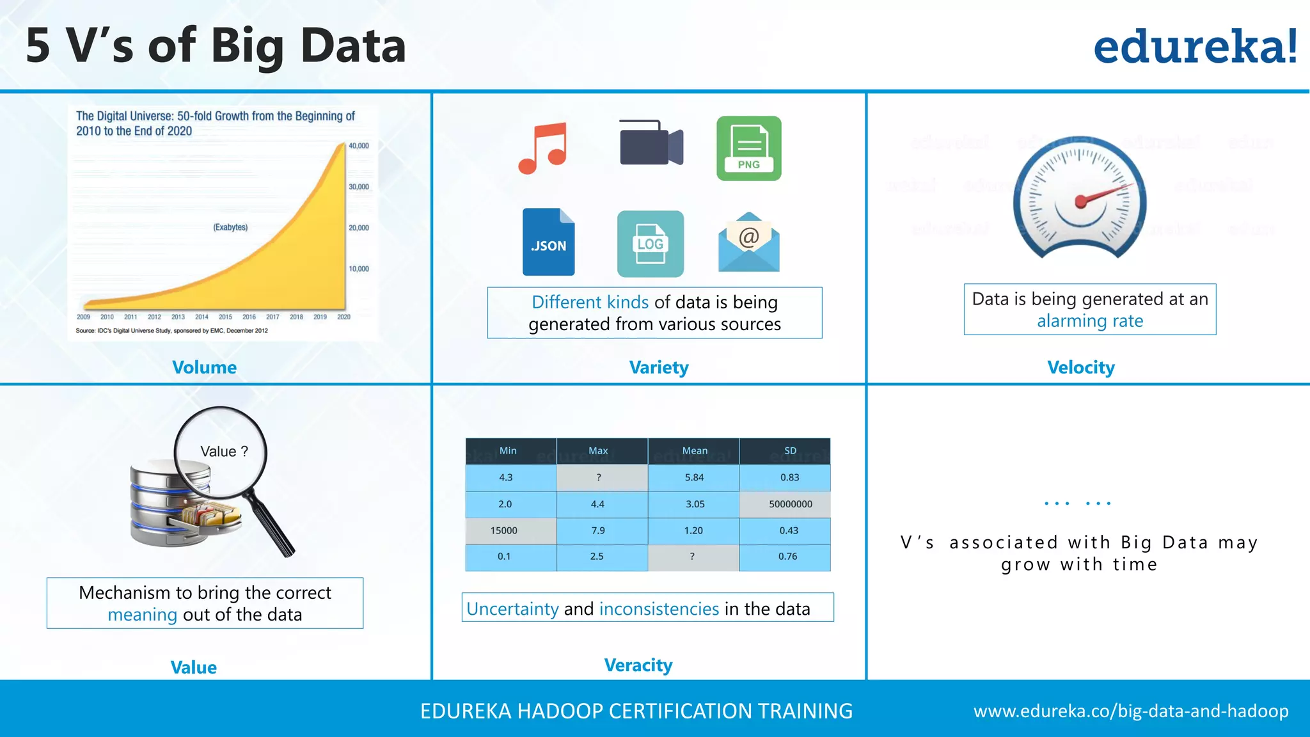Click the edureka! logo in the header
pyautogui.click(x=1195, y=47)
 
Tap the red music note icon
pyautogui.click(x=542, y=148)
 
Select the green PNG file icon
pyautogui.click(x=748, y=148)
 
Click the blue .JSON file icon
pyautogui.click(x=548, y=242)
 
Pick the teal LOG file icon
pyautogui.click(x=650, y=244)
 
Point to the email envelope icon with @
pyautogui.click(x=748, y=243)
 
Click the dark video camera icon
pyautogui.click(x=651, y=143)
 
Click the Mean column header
pyautogui.click(x=694, y=451)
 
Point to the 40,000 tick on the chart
pyautogui.click(x=358, y=146)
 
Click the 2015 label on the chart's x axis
pyautogui.click(x=225, y=317)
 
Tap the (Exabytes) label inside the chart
pyautogui.click(x=230, y=227)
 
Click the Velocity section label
pyautogui.click(x=1080, y=367)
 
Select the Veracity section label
pyautogui.click(x=638, y=665)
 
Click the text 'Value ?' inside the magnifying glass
pyautogui.click(x=224, y=452)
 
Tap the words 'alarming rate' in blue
pyautogui.click(x=1089, y=321)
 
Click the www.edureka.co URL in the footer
pyautogui.click(x=1130, y=711)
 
